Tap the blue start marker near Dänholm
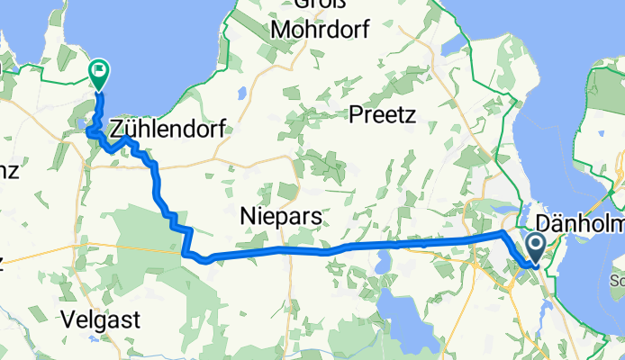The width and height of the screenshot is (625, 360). click(534, 246)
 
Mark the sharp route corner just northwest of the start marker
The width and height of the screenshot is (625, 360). click(503, 233)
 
